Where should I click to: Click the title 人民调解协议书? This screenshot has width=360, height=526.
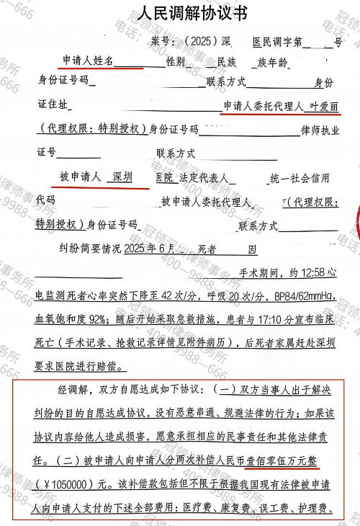click(181, 15)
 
